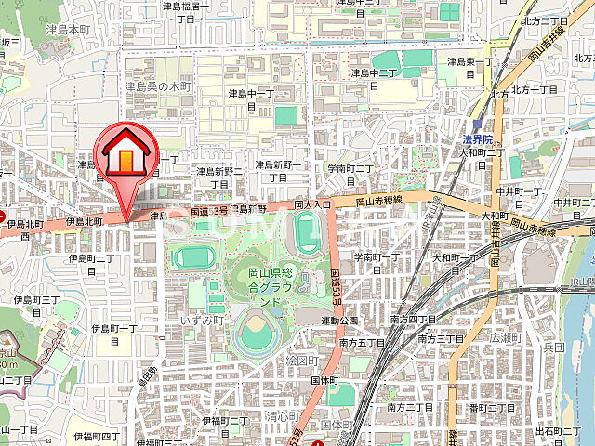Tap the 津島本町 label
point(66,30)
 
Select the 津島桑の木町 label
point(158,86)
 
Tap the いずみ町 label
point(205,320)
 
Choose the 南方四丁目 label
point(414,319)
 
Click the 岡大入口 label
point(312,203)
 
